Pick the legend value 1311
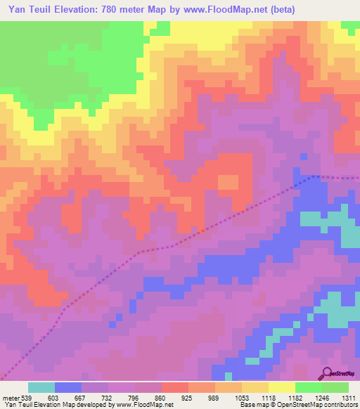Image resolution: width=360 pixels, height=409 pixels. tap(349, 398)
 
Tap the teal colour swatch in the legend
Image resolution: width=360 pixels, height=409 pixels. tap(41, 387)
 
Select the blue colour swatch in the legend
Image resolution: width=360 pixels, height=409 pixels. tap(68, 387)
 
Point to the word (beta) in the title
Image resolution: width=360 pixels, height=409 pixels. tap(281, 9)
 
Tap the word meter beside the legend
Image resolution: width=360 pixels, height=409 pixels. tap(10, 398)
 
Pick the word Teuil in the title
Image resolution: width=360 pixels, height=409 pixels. tap(35, 9)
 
